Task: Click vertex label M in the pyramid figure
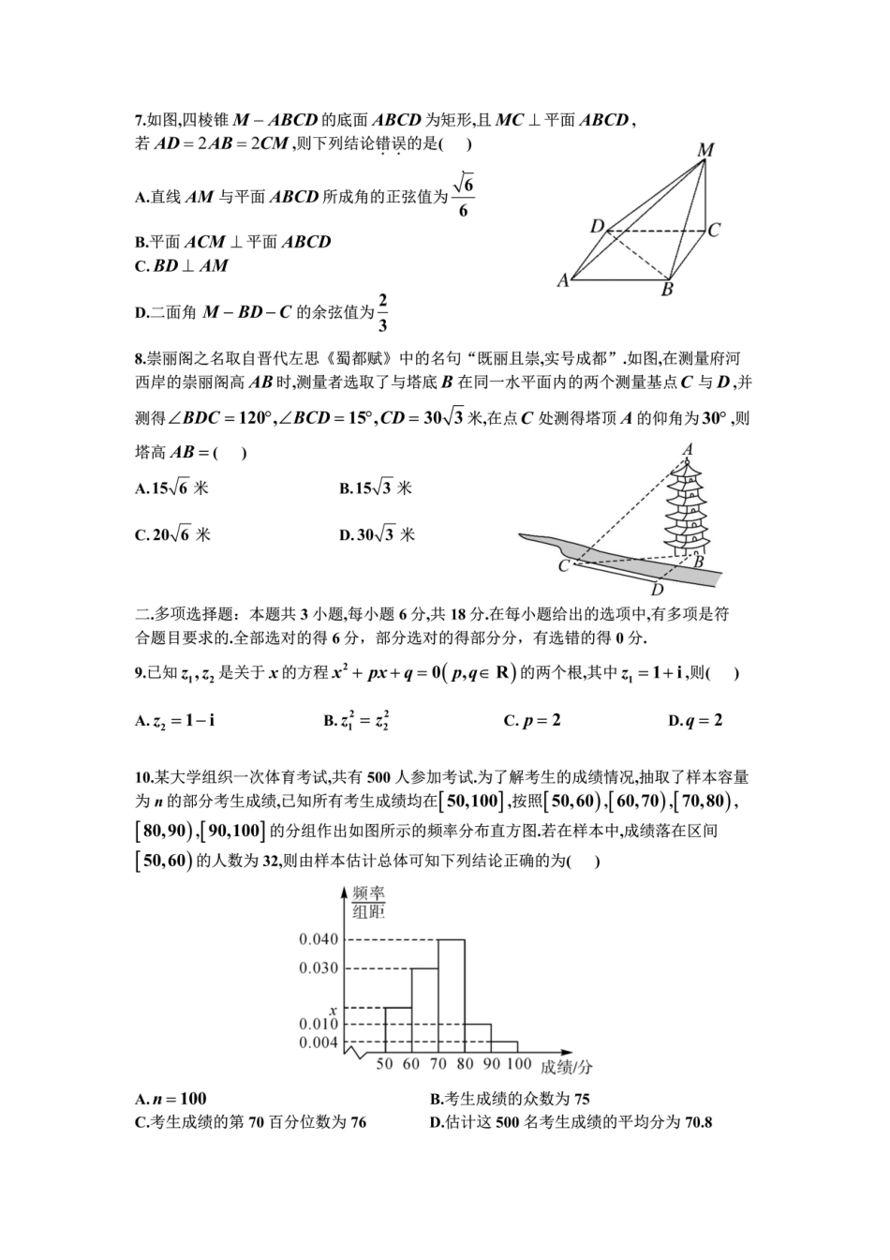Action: click(706, 150)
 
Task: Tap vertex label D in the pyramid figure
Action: click(597, 226)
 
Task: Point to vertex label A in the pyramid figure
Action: click(563, 279)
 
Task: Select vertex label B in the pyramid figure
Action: click(667, 290)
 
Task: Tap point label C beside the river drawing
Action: click(563, 566)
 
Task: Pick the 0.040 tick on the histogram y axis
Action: click(319, 939)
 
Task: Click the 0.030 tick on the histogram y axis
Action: click(319, 968)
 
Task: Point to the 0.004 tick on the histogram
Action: click(319, 1042)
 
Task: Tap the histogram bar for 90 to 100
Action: click(504, 1045)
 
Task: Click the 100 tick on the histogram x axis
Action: click(518, 1065)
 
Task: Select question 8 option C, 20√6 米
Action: click(173, 535)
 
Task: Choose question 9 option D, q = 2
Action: click(695, 721)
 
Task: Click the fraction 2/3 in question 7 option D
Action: click(382, 313)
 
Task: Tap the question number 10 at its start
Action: click(141, 776)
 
